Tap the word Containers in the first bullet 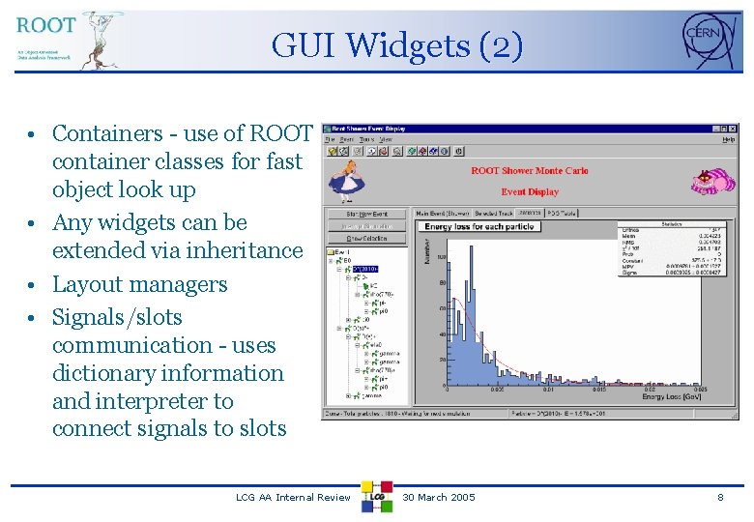pyautogui.click(x=107, y=133)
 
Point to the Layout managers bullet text pyautogui.click(x=139, y=284)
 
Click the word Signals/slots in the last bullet pyautogui.click(x=117, y=317)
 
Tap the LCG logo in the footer pyautogui.click(x=377, y=496)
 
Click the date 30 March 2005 pyautogui.click(x=439, y=497)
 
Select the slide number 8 pyautogui.click(x=719, y=497)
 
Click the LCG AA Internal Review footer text pyautogui.click(x=293, y=497)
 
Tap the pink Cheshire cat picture pyautogui.click(x=712, y=181)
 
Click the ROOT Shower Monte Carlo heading pyautogui.click(x=529, y=171)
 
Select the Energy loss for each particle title pyautogui.click(x=479, y=227)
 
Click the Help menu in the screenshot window pyautogui.click(x=728, y=139)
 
